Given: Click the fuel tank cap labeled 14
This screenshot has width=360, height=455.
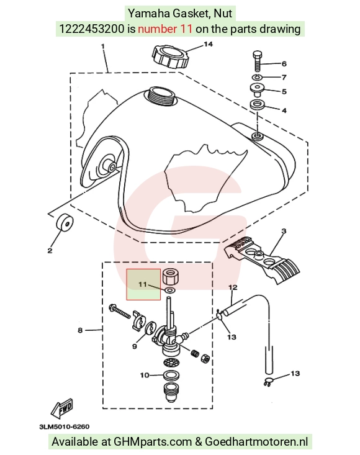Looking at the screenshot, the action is coord(171,57).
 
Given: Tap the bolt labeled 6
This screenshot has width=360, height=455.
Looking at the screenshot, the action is coord(258,61).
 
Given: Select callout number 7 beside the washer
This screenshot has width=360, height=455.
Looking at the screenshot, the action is coord(284,77).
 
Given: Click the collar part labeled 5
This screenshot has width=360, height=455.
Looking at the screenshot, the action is coord(257,89).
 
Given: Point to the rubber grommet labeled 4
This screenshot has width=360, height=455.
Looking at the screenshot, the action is coord(257,105).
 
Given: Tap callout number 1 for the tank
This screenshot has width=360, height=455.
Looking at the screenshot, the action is coord(103,46).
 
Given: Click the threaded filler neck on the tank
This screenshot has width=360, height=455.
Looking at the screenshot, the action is coord(161,97).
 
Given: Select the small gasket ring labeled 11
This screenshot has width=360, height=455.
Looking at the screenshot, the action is coord(169,290).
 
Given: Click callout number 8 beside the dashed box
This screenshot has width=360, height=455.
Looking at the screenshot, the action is coord(80,330).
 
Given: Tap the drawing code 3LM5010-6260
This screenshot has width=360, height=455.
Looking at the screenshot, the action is coord(65,426).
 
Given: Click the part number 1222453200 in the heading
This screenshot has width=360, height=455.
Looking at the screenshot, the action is coord(92,29).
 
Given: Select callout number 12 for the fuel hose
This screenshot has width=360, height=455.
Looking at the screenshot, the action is coord(233,287).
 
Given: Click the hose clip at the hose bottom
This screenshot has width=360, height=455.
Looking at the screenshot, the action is coord(268,382).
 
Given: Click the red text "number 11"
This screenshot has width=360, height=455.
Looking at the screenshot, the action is coord(164,29).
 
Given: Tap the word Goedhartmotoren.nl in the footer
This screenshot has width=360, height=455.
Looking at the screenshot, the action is coord(256,441).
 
